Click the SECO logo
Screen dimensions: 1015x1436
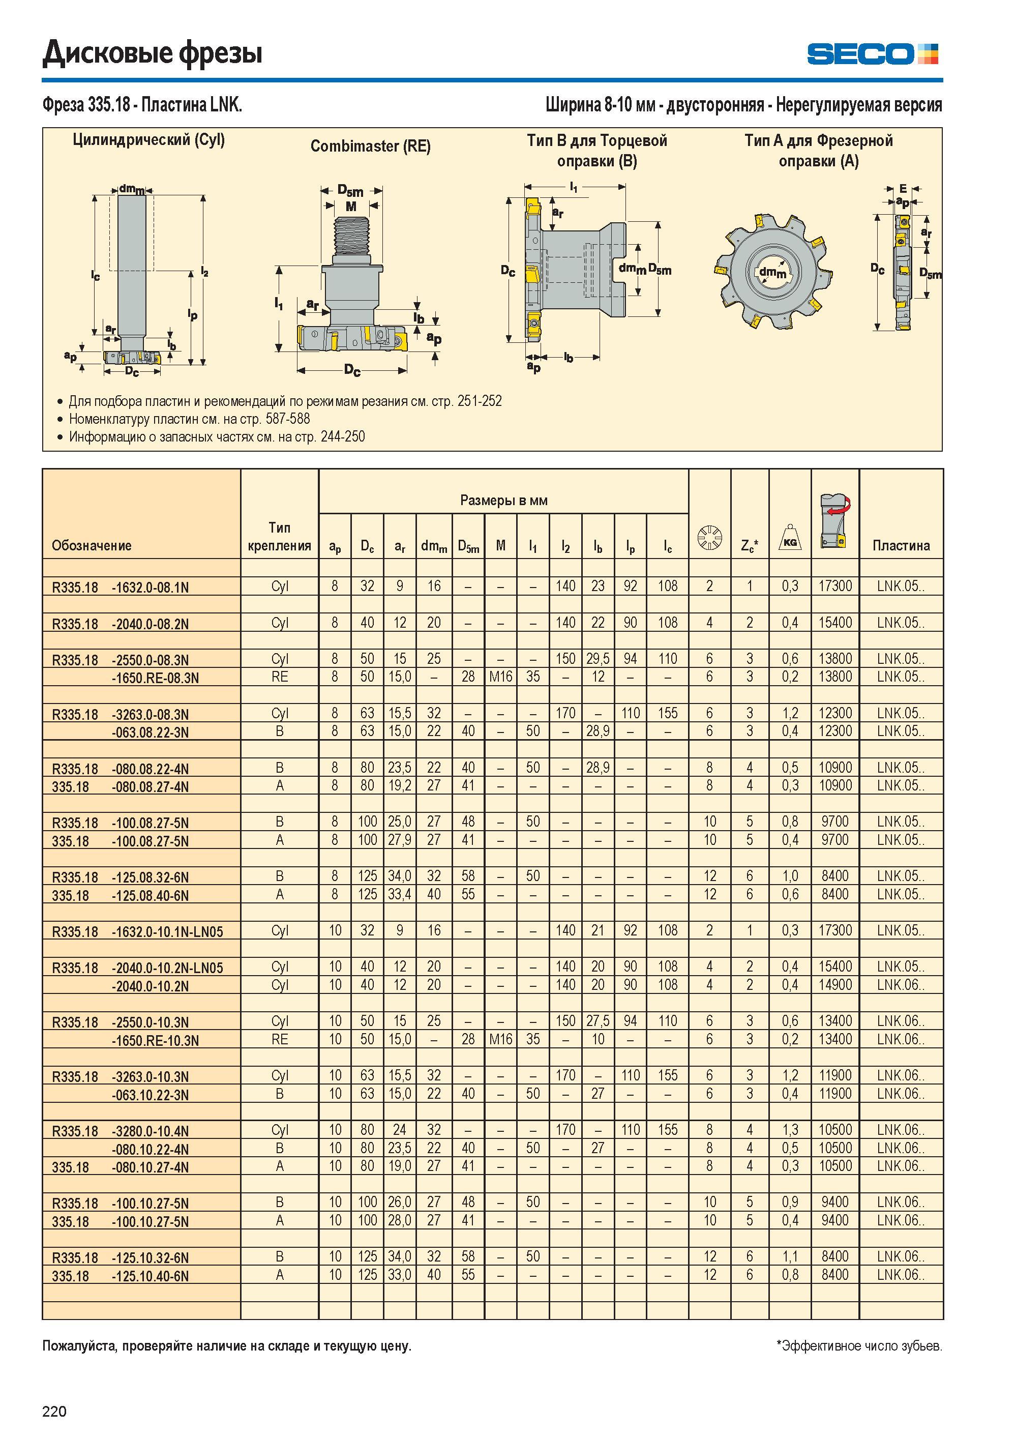click(873, 54)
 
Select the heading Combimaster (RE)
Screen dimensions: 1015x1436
click(371, 146)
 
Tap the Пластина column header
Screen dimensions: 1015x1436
click(901, 545)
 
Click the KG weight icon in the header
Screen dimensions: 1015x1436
click(790, 538)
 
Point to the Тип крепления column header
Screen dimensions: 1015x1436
click(280, 537)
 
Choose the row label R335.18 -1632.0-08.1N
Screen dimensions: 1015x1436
click(120, 587)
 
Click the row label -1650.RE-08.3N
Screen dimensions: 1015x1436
click(155, 678)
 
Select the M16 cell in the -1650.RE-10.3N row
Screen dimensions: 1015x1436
click(500, 1039)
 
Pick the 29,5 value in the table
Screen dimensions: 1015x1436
click(598, 659)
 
